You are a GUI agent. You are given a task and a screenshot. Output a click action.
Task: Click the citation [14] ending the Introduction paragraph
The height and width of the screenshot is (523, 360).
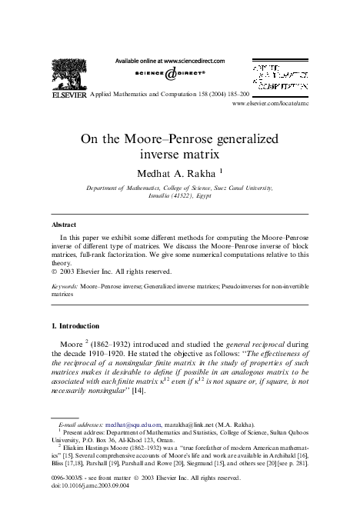point(160,390)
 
